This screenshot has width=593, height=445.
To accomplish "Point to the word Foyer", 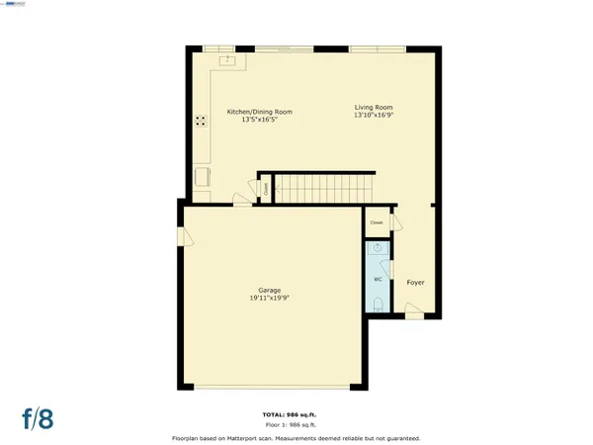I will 416,282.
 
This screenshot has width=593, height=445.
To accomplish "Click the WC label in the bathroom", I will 378,279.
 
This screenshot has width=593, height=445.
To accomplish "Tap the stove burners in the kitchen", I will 201,122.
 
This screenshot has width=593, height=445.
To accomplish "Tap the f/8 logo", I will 36,418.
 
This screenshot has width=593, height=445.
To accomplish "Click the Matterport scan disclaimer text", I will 296,436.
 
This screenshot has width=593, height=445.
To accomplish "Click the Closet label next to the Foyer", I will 377,222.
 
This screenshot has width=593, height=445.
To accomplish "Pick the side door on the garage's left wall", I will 183,236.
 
